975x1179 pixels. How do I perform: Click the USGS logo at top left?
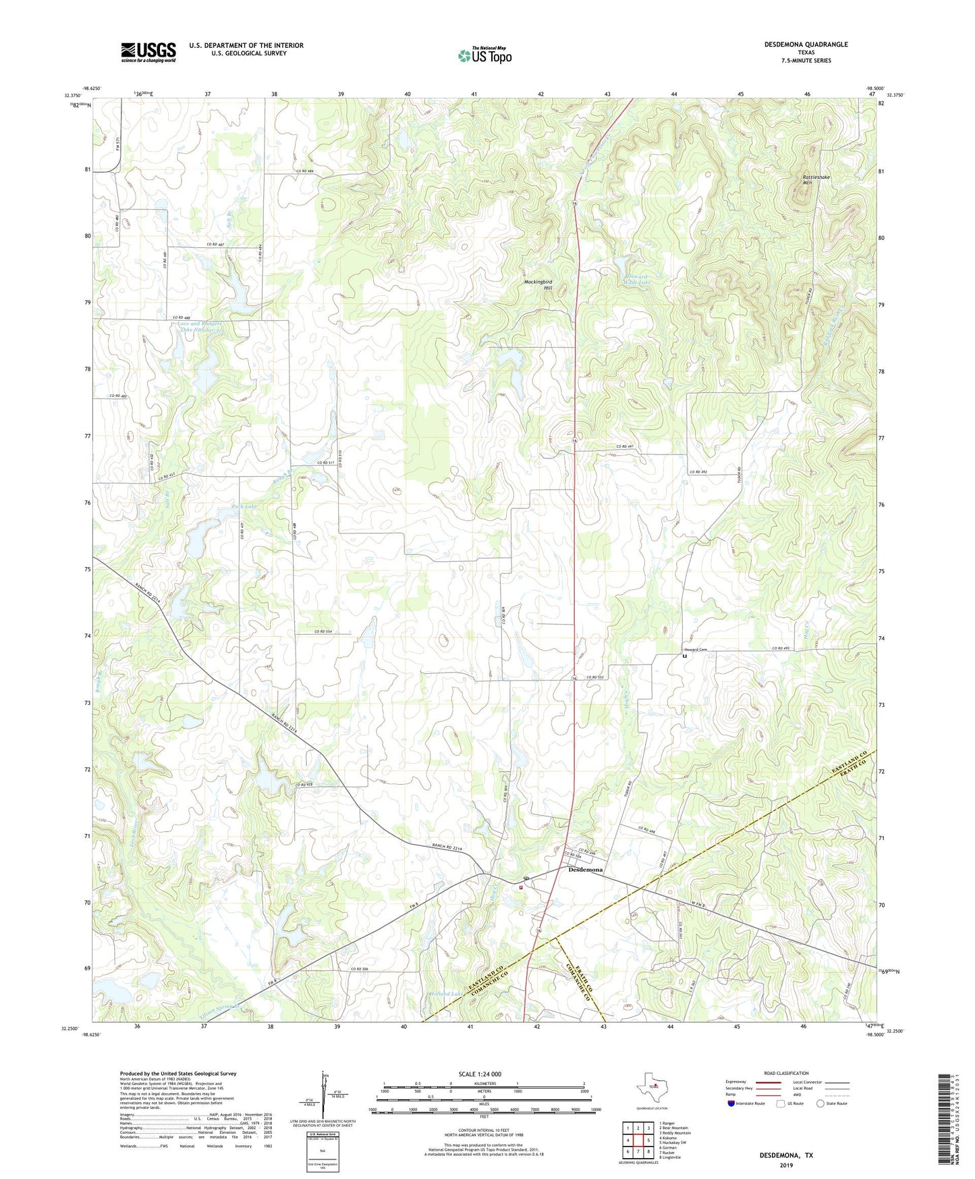[148, 52]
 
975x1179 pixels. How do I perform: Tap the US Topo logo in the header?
[484, 55]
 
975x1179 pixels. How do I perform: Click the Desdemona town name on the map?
[585, 870]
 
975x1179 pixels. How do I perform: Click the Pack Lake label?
[244, 506]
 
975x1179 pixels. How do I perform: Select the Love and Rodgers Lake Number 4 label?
[200, 327]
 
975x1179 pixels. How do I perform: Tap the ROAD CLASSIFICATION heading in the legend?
[786, 1073]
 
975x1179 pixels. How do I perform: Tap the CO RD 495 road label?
[781, 649]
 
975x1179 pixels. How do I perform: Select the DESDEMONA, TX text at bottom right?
[786, 1155]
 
